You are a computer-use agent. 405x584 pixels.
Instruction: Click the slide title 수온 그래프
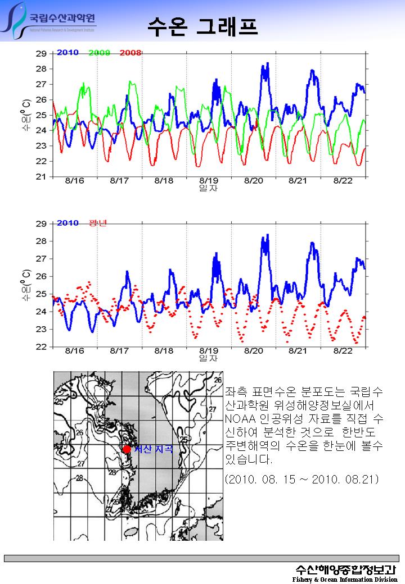202,26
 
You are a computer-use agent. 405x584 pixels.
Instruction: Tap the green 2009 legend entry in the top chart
99,53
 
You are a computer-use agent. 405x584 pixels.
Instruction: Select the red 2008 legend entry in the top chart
130,53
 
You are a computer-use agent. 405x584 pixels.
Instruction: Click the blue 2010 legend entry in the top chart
67,53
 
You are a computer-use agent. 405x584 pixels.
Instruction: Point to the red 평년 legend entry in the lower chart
98,223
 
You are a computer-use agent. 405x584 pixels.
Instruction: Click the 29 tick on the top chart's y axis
41,54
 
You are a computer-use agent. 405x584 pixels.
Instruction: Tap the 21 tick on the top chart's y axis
41,176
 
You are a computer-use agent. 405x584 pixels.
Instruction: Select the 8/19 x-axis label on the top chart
209,181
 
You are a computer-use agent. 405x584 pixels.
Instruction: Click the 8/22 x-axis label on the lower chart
343,351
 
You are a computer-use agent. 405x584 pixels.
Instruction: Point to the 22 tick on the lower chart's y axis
41,346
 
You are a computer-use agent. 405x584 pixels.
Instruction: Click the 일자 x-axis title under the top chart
209,188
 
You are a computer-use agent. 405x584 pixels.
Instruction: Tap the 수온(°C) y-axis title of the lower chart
26,285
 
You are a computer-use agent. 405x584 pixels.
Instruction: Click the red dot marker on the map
127,449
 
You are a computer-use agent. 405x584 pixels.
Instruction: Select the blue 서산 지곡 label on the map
152,449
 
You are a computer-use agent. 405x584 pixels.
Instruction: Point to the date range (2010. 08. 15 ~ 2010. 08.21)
301,480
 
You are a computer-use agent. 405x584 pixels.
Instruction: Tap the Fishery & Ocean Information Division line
344,579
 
